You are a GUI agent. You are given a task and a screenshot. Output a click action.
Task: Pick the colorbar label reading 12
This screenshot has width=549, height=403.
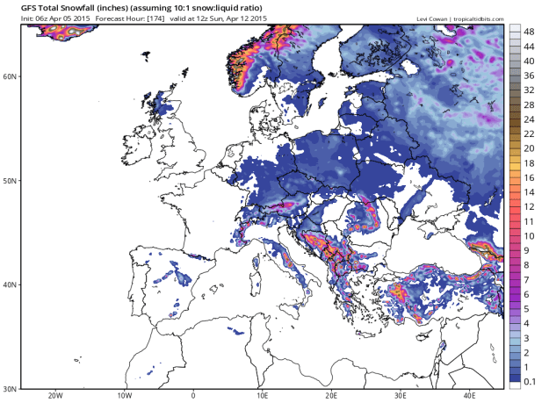531,206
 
